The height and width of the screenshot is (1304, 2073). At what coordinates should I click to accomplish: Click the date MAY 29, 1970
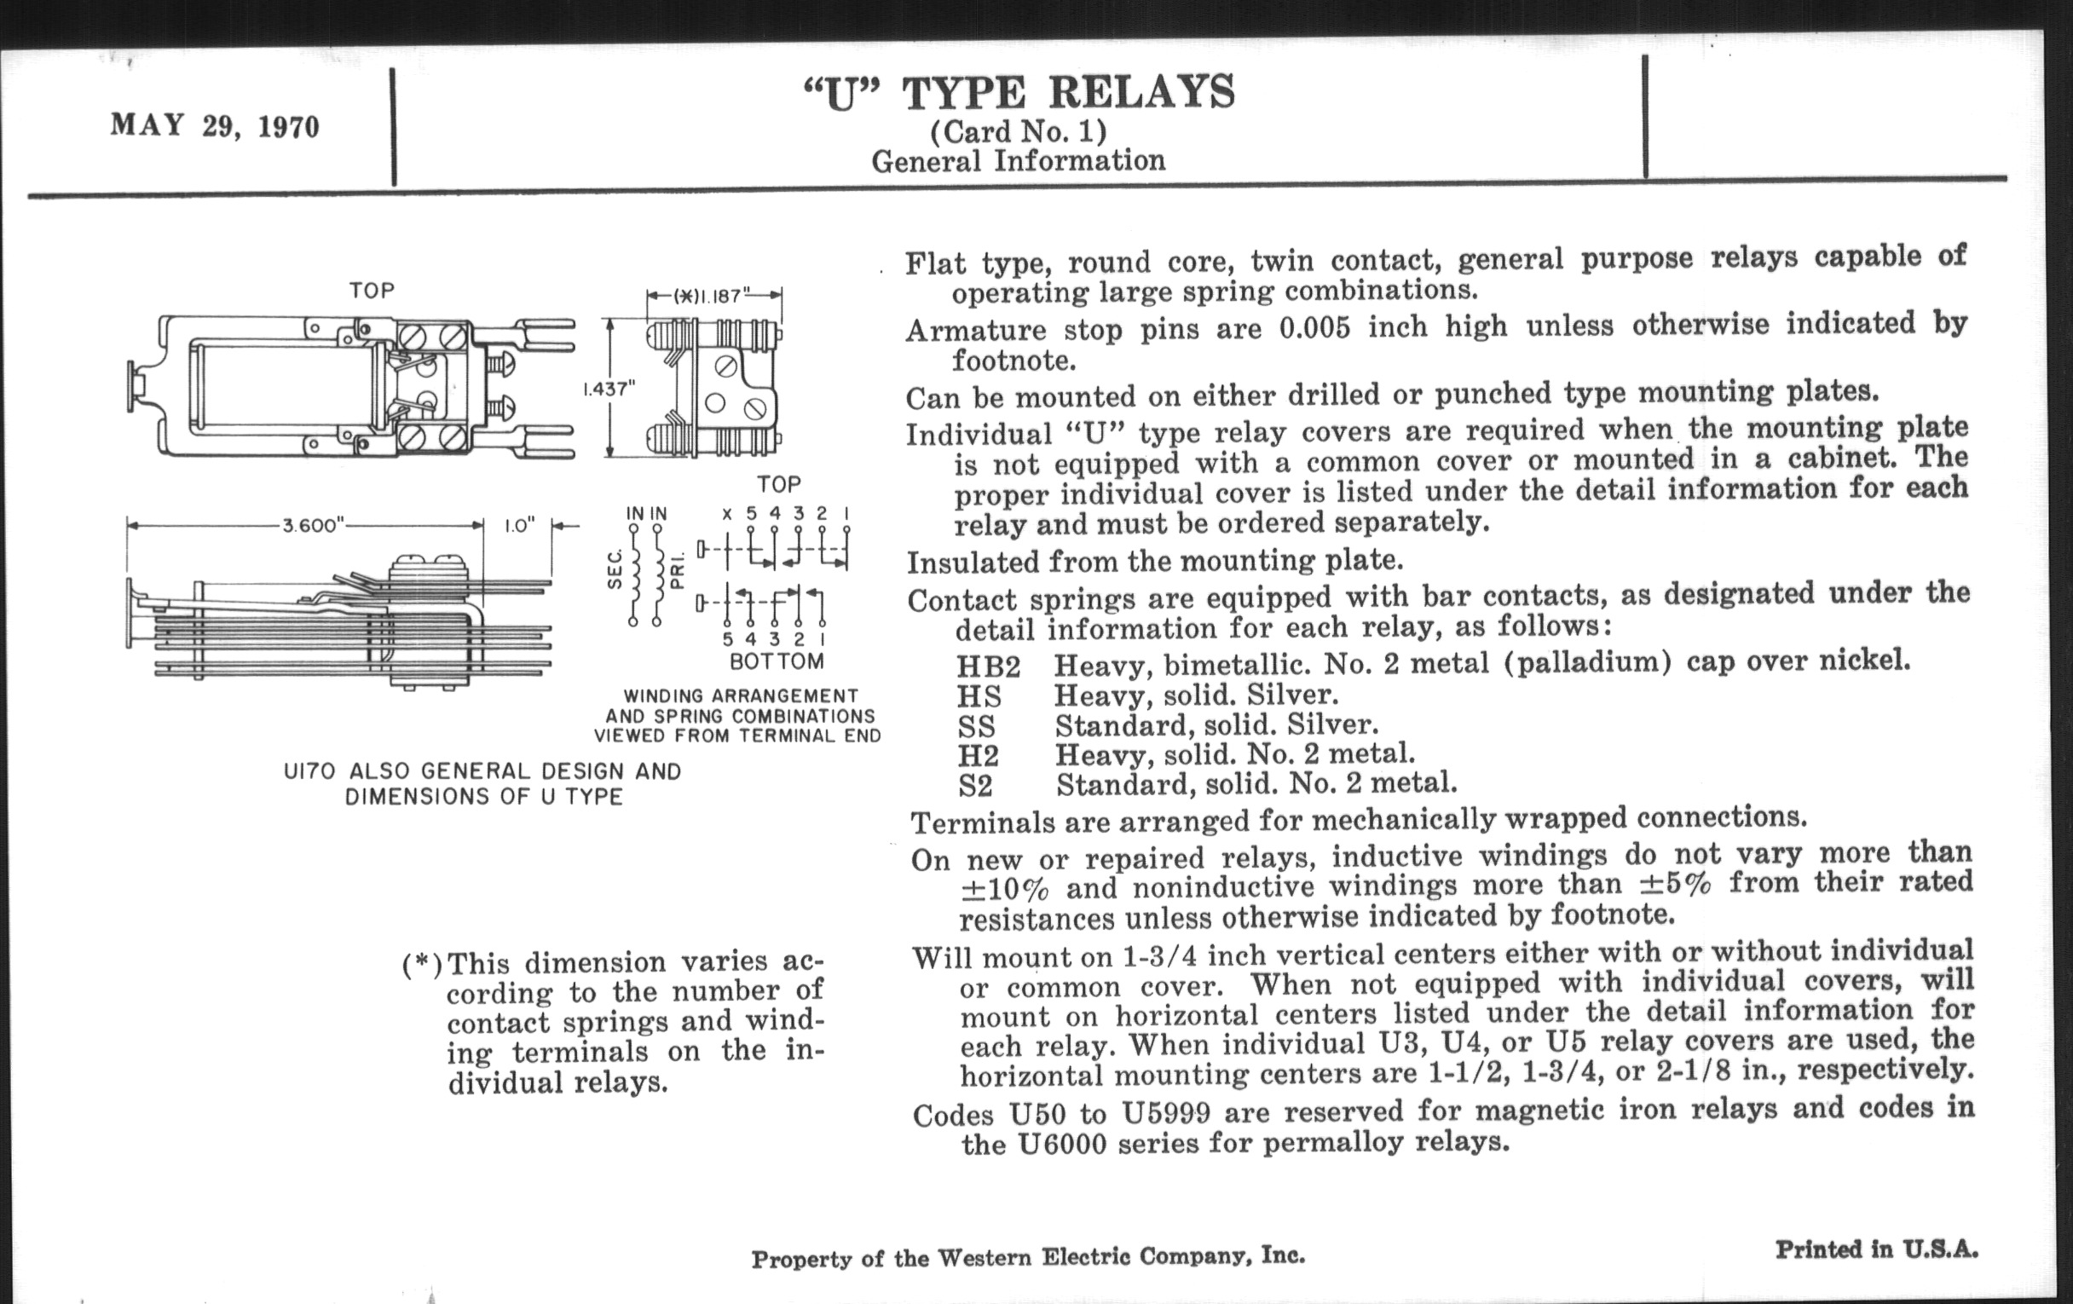[214, 126]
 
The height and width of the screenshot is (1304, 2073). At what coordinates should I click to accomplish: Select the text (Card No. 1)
[1019, 132]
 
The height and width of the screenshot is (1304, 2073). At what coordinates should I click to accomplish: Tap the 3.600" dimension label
[312, 526]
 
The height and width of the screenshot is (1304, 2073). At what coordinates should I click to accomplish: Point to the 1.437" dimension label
[609, 389]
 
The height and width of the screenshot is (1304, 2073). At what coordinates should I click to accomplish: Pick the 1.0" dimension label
[519, 526]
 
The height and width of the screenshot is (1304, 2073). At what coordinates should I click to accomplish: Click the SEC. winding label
[615, 572]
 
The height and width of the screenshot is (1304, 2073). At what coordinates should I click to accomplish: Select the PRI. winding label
[678, 572]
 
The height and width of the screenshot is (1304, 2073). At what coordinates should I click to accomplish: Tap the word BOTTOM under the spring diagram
[777, 662]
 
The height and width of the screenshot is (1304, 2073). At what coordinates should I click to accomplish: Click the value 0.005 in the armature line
[1314, 328]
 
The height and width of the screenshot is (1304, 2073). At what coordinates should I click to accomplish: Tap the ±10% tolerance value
[1005, 888]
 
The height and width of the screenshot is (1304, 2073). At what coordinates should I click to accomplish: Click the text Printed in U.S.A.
[1877, 1249]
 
